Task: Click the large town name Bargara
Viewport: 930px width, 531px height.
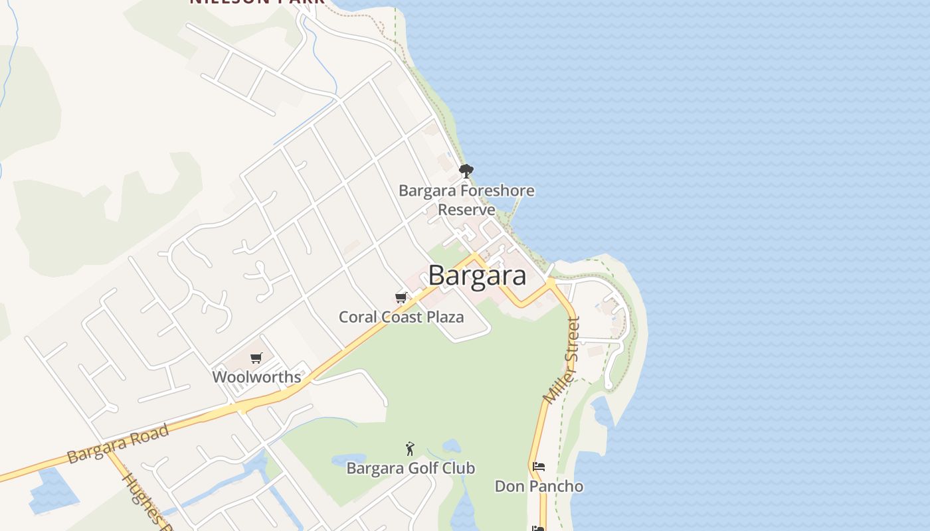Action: tap(477, 275)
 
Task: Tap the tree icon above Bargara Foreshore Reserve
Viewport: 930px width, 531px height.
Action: tap(466, 171)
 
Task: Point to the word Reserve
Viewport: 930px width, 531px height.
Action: tap(466, 210)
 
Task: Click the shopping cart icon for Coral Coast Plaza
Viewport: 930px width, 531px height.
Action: tap(401, 297)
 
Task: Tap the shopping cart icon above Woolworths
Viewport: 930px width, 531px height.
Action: tap(256, 358)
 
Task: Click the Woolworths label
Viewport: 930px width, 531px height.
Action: tap(256, 377)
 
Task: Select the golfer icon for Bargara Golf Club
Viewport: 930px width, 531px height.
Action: tap(410, 449)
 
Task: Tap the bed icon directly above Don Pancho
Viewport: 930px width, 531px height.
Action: tap(539, 467)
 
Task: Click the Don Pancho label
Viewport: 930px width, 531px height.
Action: tap(539, 487)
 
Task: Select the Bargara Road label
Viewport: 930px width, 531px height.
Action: tap(118, 444)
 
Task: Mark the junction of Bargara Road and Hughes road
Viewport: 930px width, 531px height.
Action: tap(108, 451)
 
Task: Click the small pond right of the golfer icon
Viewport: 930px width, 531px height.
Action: tap(451, 445)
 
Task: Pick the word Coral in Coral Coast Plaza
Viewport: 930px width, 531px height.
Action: tap(359, 317)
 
